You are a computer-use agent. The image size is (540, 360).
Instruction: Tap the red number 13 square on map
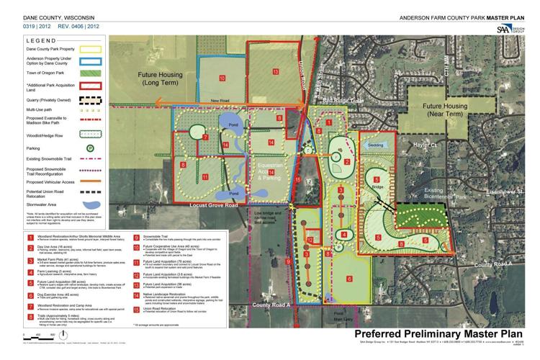point(275,72)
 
